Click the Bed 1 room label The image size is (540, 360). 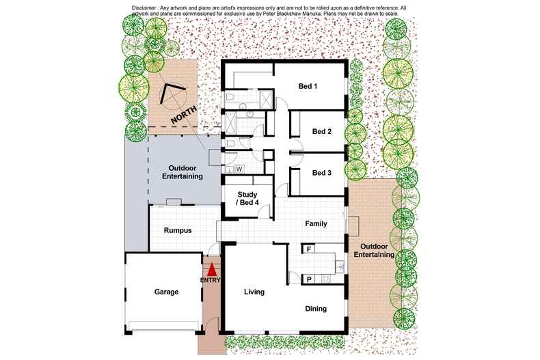pyautogui.click(x=308, y=87)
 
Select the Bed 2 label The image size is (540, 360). pyautogui.click(x=321, y=131)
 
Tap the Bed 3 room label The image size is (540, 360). pyautogui.click(x=321, y=174)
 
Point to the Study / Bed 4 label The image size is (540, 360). pyautogui.click(x=247, y=198)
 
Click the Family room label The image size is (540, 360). pyautogui.click(x=315, y=223)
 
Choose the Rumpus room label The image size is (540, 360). pyautogui.click(x=177, y=231)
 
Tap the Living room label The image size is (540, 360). pyautogui.click(x=254, y=292)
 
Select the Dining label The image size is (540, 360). pyautogui.click(x=315, y=309)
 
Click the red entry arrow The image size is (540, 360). pyautogui.click(x=211, y=269)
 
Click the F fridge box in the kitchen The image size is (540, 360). pyautogui.click(x=309, y=249)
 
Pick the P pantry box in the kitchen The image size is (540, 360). pyautogui.click(x=309, y=279)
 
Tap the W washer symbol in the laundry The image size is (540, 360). pyautogui.click(x=239, y=168)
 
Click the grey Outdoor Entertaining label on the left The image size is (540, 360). pyautogui.click(x=183, y=171)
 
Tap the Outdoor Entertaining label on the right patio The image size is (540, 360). pyautogui.click(x=374, y=250)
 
